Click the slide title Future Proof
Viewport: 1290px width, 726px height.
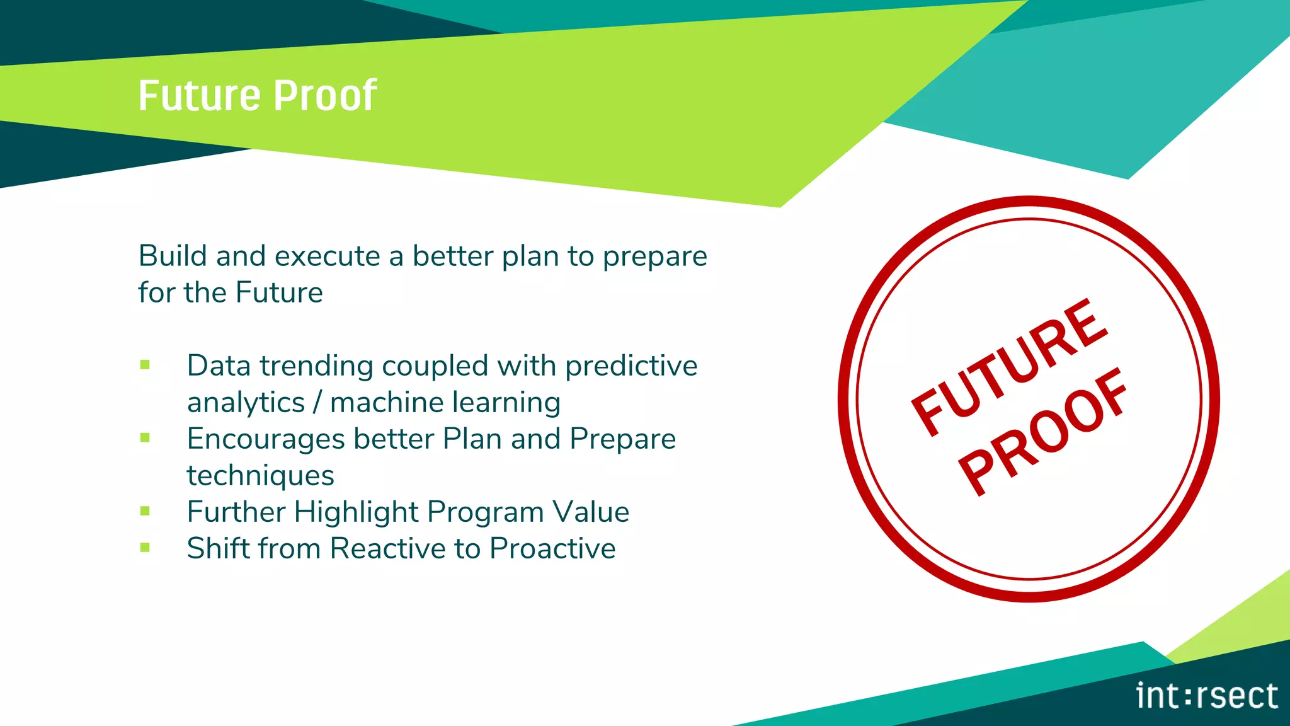[x=257, y=96]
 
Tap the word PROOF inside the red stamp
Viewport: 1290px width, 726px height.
[x=1043, y=431]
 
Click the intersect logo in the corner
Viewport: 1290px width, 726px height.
[x=1206, y=696]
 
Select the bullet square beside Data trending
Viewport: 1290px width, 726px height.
[x=145, y=365]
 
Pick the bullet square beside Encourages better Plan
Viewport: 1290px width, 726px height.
[x=145, y=437]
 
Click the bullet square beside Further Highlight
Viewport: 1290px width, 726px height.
[x=145, y=511]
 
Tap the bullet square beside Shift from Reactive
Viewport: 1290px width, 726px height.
[x=145, y=548]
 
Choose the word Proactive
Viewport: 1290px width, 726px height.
[x=552, y=548]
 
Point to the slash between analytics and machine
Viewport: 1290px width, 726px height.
[x=317, y=403]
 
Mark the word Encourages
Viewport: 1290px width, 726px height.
[x=265, y=439]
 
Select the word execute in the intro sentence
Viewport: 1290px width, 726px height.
[x=327, y=256]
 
